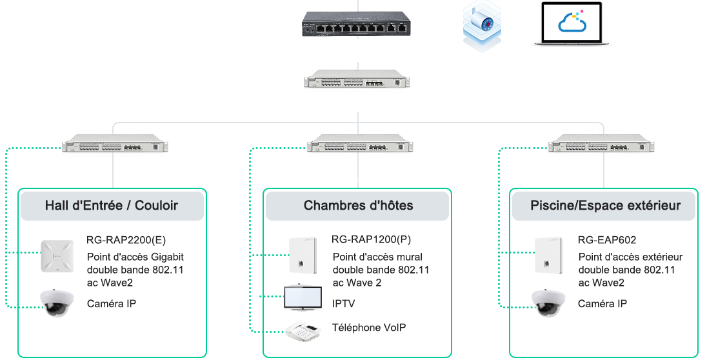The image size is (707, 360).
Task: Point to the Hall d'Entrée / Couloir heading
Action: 112,206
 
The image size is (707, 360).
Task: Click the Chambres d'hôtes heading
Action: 358,206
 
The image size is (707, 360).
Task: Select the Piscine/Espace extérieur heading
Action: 605,206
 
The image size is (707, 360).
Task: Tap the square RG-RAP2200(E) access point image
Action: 59,255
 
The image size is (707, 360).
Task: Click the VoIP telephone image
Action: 304,330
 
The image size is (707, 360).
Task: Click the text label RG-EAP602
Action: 607,240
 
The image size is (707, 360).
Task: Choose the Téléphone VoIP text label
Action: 369,328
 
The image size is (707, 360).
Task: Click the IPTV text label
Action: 343,304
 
